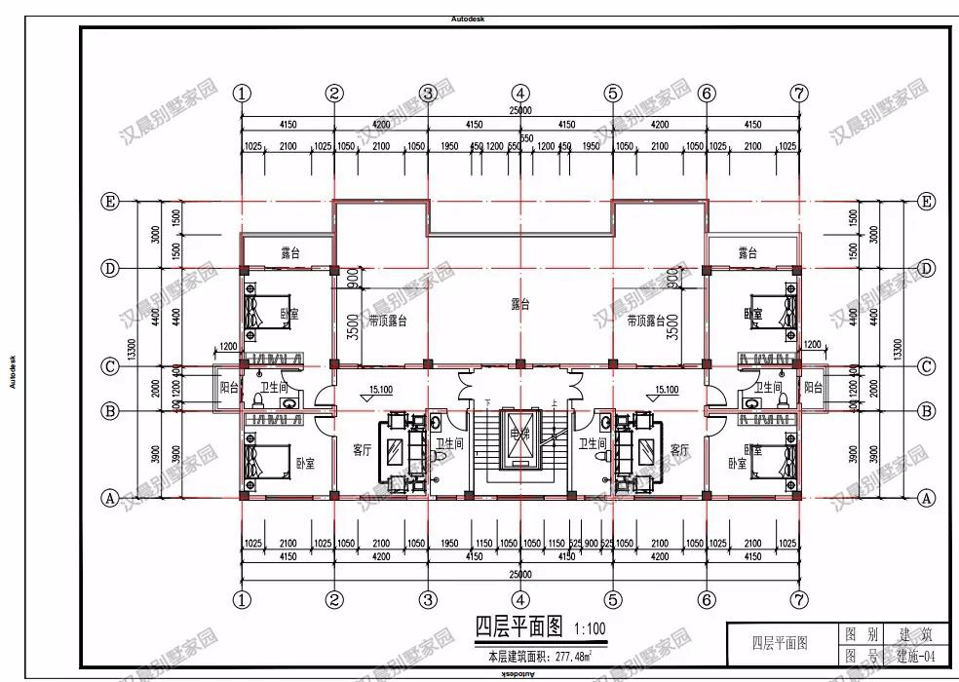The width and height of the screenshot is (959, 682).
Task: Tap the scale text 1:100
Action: [x=589, y=628]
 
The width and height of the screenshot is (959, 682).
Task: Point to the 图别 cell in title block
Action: [x=859, y=634]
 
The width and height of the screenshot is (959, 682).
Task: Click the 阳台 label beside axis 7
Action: [x=812, y=387]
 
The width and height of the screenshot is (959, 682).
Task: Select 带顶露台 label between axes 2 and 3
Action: [x=387, y=320]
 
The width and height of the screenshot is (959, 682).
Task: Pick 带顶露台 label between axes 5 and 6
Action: [x=648, y=320]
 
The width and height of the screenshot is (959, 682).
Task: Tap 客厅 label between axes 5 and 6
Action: [x=679, y=450]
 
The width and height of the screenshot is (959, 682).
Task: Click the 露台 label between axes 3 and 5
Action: [x=520, y=304]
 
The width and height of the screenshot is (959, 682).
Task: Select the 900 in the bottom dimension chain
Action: [x=591, y=544]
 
